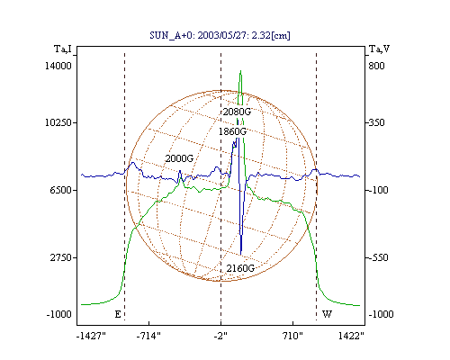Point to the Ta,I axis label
63,49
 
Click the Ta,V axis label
379,49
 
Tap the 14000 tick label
58,66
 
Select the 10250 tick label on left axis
58,122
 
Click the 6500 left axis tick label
60,190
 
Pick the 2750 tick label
60,257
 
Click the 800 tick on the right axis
376,66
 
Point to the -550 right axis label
378,257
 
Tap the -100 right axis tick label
378,190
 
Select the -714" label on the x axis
148,336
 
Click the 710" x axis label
292,336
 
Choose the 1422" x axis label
351,336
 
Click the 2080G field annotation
237,112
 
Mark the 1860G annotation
232,131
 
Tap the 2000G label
179,158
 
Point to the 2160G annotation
240,268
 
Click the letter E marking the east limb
118,314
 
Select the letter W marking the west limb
327,314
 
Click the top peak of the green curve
240,71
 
